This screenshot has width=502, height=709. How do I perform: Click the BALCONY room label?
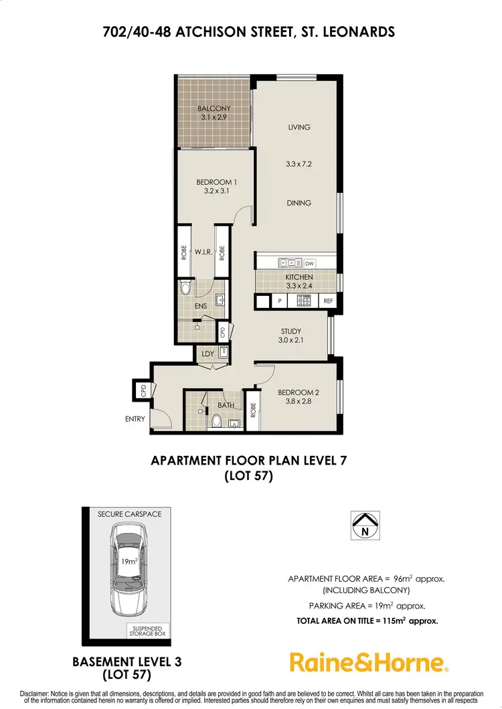(x=214, y=108)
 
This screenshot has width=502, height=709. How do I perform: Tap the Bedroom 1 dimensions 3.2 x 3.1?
(x=216, y=191)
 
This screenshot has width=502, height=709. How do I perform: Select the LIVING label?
(x=299, y=127)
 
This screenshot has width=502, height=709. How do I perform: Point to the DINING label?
(x=299, y=203)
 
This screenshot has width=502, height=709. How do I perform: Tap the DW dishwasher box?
(x=309, y=264)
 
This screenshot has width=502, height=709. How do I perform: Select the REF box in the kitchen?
(x=328, y=302)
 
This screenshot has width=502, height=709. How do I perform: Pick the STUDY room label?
(x=290, y=331)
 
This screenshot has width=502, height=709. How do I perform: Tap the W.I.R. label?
(x=203, y=252)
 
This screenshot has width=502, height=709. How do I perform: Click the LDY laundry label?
(x=206, y=353)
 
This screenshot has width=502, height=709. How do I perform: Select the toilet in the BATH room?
(x=216, y=421)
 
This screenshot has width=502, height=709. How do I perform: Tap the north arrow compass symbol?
(x=365, y=524)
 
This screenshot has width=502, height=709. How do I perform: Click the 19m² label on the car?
(x=129, y=561)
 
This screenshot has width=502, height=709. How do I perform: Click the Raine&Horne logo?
(x=369, y=662)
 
